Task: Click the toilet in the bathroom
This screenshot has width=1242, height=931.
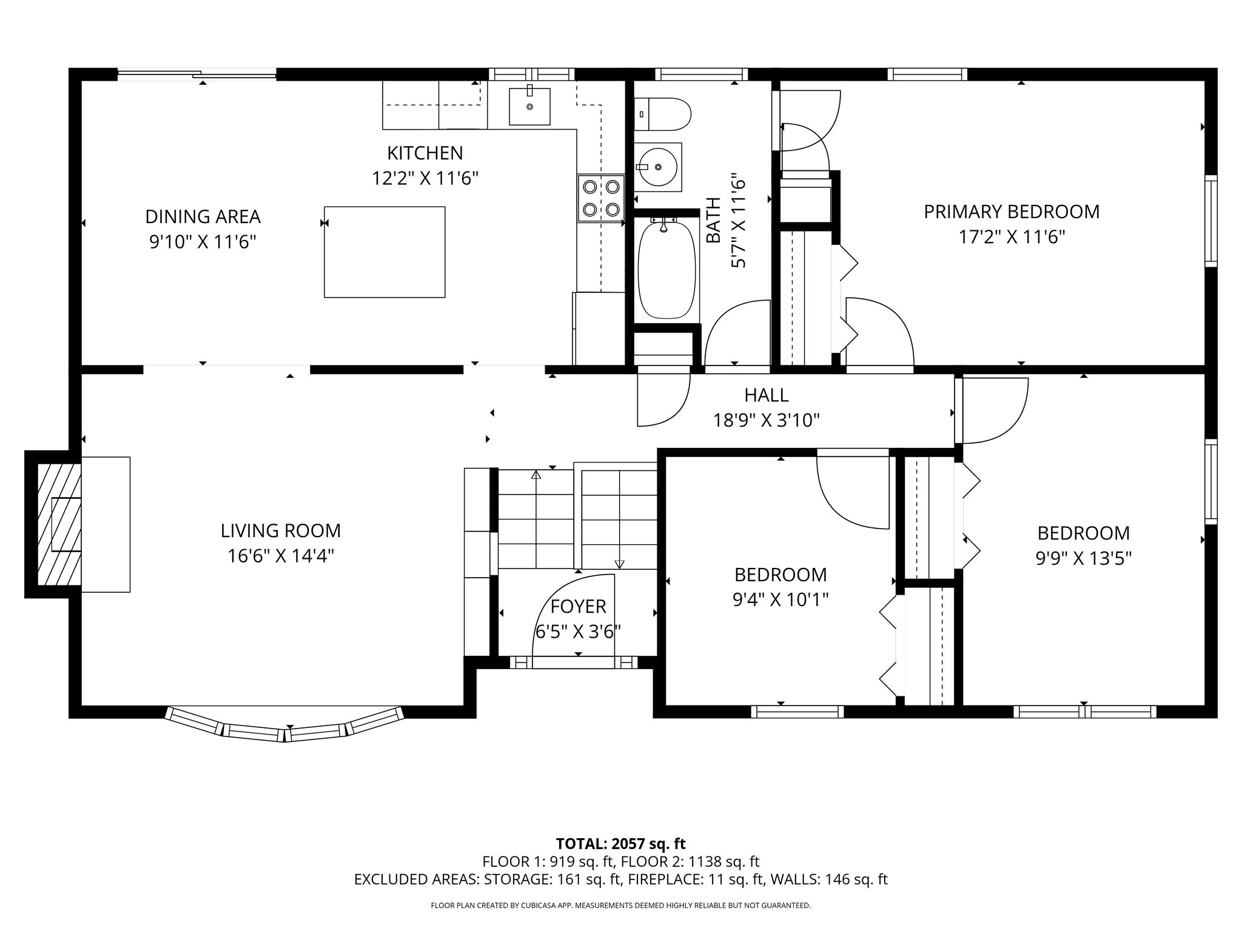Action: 662,115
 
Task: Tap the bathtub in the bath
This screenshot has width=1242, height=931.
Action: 667,270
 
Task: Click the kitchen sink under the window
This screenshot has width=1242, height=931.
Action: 529,106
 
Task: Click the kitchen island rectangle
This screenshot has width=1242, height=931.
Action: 384,252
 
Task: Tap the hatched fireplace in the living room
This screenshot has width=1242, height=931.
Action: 59,524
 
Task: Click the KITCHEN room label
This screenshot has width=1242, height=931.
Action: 425,153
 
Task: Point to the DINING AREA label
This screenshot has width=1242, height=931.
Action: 203,216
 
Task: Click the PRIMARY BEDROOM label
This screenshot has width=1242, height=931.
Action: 1012,212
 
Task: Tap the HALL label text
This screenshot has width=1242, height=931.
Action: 767,395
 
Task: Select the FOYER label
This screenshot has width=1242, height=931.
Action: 578,606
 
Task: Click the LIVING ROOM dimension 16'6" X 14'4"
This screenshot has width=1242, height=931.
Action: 281,556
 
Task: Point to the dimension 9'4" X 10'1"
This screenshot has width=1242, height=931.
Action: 780,599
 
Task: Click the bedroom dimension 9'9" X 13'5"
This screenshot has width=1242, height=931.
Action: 1084,558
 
